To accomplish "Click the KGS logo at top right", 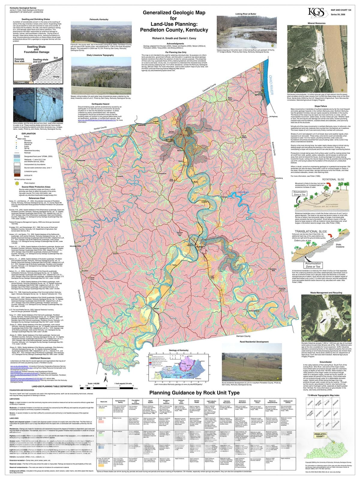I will [x=316, y=12].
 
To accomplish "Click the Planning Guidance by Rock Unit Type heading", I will [x=194, y=393].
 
